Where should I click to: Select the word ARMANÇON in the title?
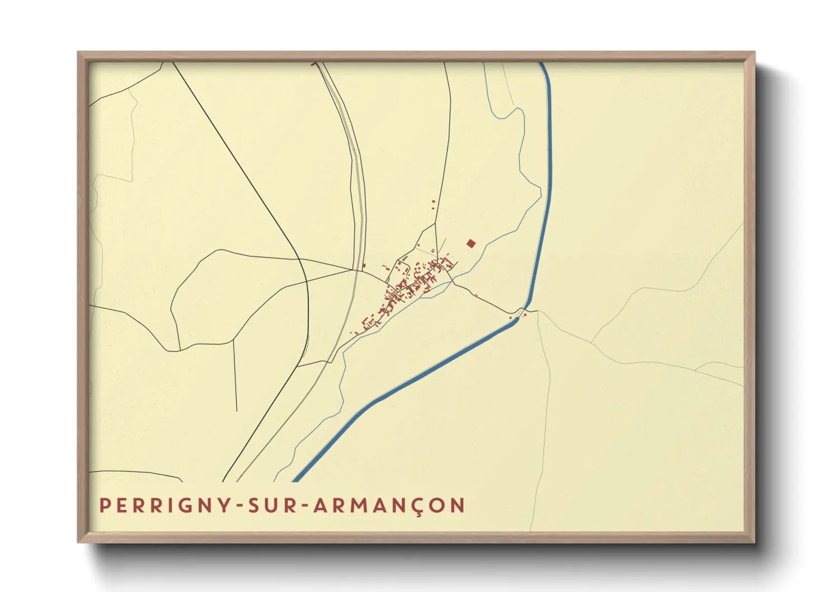(x=389, y=506)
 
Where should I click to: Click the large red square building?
(x=471, y=243)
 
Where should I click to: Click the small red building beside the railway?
(x=364, y=265)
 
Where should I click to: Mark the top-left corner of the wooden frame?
(x=78, y=53)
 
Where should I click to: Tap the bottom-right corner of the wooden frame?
(x=754, y=542)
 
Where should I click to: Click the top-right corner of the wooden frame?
(x=754, y=53)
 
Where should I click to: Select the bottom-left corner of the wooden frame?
(x=78, y=542)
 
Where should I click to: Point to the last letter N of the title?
(x=459, y=506)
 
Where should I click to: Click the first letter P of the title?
(x=103, y=506)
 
